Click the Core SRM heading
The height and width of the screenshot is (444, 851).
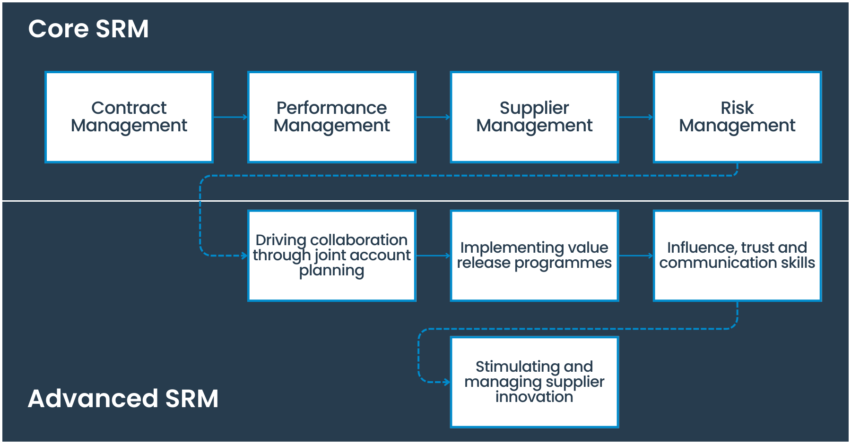88,29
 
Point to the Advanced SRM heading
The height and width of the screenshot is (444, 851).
123,398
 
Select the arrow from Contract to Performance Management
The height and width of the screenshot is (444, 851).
230,117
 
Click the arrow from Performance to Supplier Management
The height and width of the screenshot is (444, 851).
433,117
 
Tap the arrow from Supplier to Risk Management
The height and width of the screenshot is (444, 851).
636,117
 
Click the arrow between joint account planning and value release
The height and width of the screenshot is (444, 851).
433,256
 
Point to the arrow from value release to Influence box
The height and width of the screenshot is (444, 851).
636,256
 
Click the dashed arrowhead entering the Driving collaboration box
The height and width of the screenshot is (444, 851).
244,256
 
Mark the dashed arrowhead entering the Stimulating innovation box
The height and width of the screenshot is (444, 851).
447,382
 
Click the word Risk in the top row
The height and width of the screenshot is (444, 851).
737,108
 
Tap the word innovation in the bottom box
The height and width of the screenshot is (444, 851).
534,397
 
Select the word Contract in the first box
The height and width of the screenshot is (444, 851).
129,108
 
